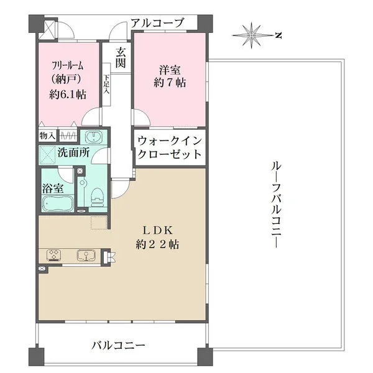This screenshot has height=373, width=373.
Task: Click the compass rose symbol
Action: (251, 35)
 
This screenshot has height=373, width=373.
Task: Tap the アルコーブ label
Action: (157, 23)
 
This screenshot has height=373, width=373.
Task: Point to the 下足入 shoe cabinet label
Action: (106, 84)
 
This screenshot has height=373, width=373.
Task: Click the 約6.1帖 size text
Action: (68, 94)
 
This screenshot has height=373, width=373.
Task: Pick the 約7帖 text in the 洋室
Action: (170, 83)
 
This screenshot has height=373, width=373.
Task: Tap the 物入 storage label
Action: (47, 136)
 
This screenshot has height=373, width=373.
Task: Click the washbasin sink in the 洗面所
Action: (93, 137)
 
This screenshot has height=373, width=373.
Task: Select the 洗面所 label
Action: (73, 152)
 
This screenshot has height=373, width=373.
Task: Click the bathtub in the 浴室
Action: (58, 203)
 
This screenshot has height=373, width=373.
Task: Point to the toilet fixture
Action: (98, 196)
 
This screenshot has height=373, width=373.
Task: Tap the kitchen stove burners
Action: (54, 255)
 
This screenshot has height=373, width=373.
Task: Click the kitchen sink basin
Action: (86, 255)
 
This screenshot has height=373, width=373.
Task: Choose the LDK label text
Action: (157, 230)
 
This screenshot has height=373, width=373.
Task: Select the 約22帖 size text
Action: (157, 244)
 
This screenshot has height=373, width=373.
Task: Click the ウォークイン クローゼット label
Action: (170, 148)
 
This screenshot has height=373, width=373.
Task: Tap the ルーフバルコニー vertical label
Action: (276, 205)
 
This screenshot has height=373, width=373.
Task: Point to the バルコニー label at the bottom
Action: (118, 345)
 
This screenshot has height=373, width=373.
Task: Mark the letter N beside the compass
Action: (279, 35)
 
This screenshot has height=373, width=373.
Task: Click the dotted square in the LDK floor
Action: (99, 223)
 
